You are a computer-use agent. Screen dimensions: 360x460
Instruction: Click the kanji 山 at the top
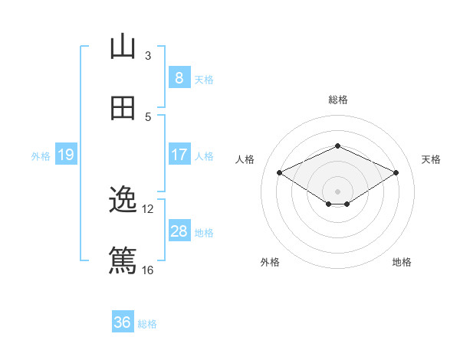point(123,47)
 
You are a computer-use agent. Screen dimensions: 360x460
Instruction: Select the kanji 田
point(123,108)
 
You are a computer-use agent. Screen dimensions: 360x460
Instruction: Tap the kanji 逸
point(123,201)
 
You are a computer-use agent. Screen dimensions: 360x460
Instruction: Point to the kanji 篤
point(123,261)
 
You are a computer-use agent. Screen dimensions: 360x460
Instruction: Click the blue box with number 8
point(179,77)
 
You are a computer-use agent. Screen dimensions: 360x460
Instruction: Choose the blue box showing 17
point(179,155)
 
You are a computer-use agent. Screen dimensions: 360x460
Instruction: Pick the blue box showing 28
point(179,231)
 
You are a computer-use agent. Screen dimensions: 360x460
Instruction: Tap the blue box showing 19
point(66,155)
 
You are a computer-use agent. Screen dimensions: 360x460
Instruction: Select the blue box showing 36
point(123,322)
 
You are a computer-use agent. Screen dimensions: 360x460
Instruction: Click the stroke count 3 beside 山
point(148,55)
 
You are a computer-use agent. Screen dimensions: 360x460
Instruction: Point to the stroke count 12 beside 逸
point(148,208)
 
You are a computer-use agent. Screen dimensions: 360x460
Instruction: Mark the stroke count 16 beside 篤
point(148,270)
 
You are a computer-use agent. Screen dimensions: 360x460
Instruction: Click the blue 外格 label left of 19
point(41,155)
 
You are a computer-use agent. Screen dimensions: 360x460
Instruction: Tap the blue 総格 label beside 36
point(147,323)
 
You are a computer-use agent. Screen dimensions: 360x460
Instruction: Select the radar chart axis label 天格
point(431,159)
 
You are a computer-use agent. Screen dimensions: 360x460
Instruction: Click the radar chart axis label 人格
point(245,159)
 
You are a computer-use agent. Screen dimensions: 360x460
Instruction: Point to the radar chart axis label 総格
point(337,100)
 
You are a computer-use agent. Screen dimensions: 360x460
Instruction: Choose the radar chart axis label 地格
point(402,262)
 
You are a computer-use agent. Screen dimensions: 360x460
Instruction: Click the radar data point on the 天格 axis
point(396,173)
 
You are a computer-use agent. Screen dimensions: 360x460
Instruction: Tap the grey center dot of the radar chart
point(337,191)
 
